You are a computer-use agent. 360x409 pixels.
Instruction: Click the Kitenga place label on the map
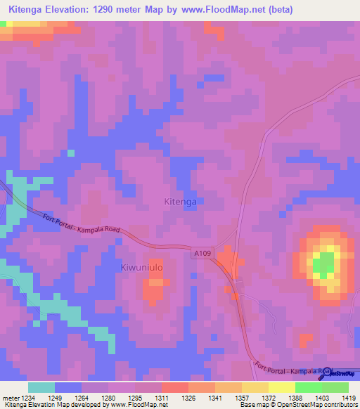tap(180, 201)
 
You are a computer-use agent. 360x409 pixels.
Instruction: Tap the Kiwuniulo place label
tap(147, 267)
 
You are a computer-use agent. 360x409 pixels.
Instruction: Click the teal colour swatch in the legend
tap(41, 387)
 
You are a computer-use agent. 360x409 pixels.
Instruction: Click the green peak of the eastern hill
tap(323, 265)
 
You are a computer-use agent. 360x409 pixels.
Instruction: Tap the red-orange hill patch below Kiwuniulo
tap(154, 290)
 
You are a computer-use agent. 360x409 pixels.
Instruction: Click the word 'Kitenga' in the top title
tap(25, 10)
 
